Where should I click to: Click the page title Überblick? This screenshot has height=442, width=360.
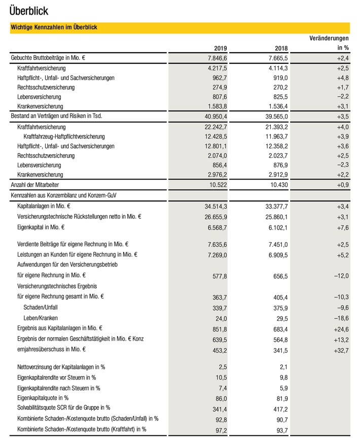point(29,10)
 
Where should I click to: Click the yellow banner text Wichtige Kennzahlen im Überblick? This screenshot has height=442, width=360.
point(54,27)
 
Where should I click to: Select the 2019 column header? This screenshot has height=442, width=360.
point(220,49)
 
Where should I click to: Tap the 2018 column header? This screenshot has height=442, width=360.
point(280,49)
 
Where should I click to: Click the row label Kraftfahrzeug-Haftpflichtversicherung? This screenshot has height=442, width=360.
point(64,136)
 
